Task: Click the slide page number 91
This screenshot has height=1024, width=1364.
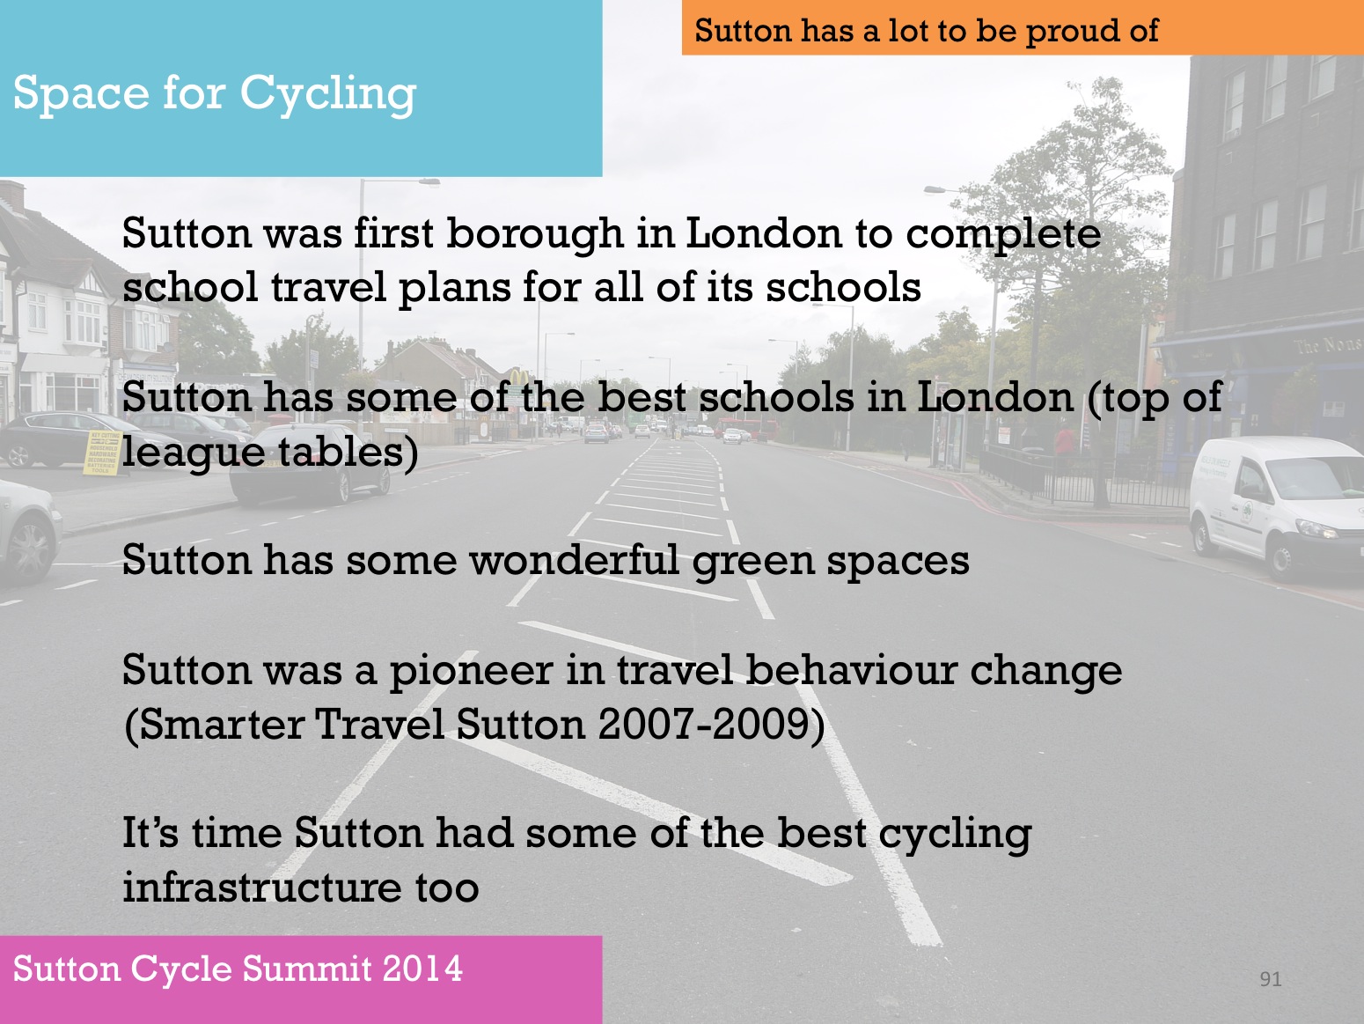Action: tap(1270, 979)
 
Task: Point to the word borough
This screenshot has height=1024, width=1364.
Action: tap(535, 235)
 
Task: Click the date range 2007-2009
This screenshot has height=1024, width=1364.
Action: tap(706, 725)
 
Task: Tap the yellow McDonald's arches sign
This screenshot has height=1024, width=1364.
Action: tap(519, 377)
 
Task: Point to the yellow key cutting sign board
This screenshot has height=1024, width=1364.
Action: tap(102, 453)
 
